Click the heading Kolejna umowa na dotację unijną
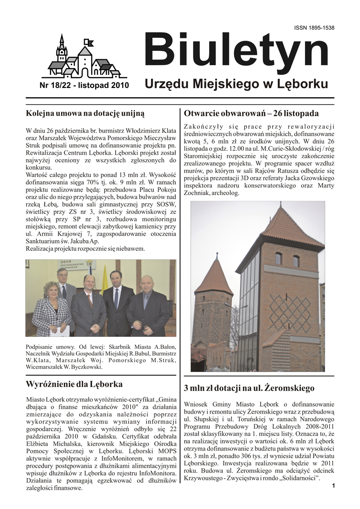tap(85, 112)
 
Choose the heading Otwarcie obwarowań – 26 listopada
tap(251, 113)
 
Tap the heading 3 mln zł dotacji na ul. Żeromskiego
tap(249, 388)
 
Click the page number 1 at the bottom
tap(333, 486)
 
